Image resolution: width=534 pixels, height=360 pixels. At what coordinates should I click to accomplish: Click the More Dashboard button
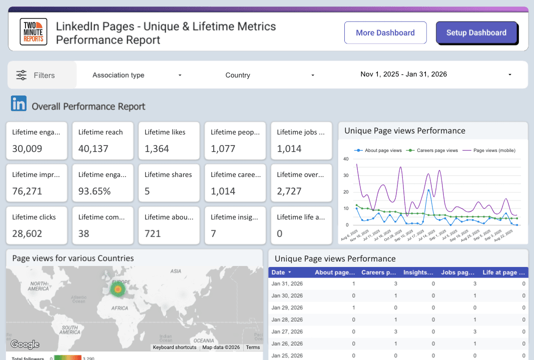coord(385,33)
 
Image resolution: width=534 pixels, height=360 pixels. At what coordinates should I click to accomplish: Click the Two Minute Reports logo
coord(34,32)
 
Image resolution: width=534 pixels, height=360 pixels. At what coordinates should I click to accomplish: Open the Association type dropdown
coord(137,75)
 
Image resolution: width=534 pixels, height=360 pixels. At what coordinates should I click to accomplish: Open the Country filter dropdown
coord(270,75)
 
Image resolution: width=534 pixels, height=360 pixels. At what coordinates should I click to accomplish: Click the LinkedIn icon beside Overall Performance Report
coord(19,104)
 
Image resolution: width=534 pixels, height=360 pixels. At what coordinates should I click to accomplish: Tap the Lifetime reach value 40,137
coord(94,148)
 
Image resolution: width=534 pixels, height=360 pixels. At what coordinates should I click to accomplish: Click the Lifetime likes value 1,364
coord(157,148)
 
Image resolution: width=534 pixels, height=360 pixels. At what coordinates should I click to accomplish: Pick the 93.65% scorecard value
coord(95,191)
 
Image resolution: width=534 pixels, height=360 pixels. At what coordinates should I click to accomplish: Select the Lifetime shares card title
coord(168,174)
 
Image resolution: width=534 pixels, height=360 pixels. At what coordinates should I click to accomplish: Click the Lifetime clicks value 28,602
coord(27,233)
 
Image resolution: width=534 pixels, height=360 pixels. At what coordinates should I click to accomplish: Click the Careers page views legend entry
coord(434,150)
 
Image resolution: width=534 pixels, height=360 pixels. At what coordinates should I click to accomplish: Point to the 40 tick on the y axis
coord(345,159)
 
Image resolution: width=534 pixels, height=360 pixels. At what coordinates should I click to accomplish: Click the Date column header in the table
coord(278,272)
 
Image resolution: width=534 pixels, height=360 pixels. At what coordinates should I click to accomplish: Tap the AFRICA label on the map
coord(120,308)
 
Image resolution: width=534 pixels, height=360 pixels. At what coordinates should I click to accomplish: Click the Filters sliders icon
coord(22,75)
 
